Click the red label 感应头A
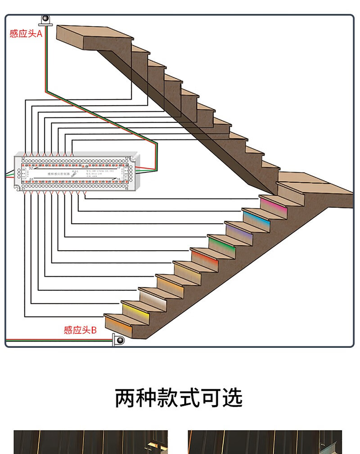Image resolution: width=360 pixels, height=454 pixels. tap(26, 34)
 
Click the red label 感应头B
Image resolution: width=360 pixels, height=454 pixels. tap(80, 330)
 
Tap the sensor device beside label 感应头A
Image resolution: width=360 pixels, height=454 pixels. tap(45, 20)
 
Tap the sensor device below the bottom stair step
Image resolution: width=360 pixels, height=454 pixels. tap(119, 340)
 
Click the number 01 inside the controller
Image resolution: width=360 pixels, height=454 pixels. tap(31, 179)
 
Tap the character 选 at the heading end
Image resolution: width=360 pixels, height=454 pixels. tap(233, 398)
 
